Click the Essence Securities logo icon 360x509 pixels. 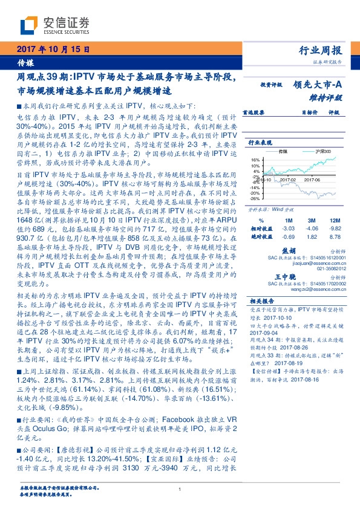click(x=29, y=26)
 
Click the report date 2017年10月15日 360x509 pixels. click(x=53, y=50)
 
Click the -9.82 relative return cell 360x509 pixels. click(x=336, y=229)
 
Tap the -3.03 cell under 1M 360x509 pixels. click(x=288, y=229)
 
